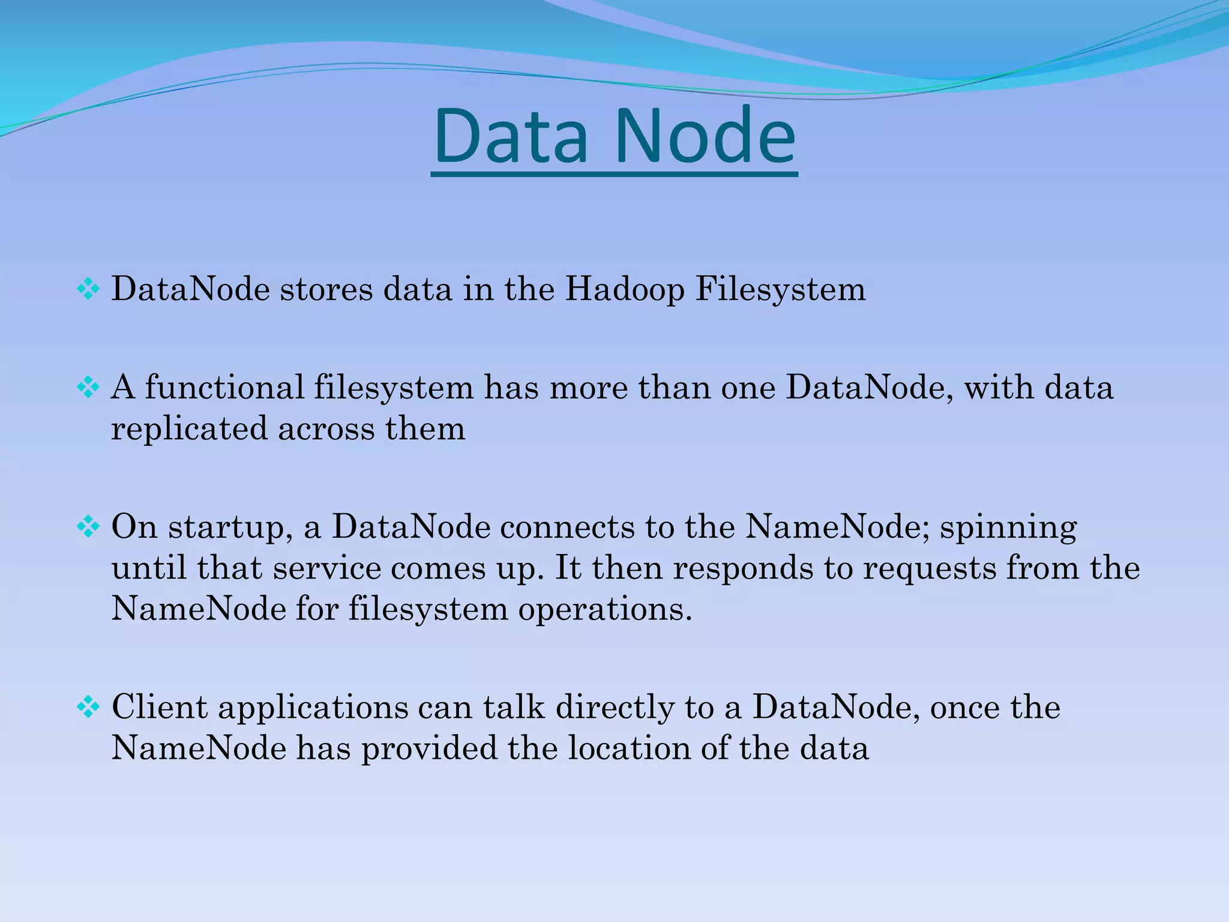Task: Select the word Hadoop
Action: coord(625,289)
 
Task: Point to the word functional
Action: coord(224,387)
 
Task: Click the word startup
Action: coord(230,528)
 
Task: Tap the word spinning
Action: coord(1008,528)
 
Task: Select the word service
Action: coord(326,568)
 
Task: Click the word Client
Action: coord(159,707)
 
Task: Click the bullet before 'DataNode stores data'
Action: coord(88,290)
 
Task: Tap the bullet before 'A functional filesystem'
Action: coord(88,388)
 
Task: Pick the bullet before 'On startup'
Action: coord(88,527)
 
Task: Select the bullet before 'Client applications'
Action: coord(88,707)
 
